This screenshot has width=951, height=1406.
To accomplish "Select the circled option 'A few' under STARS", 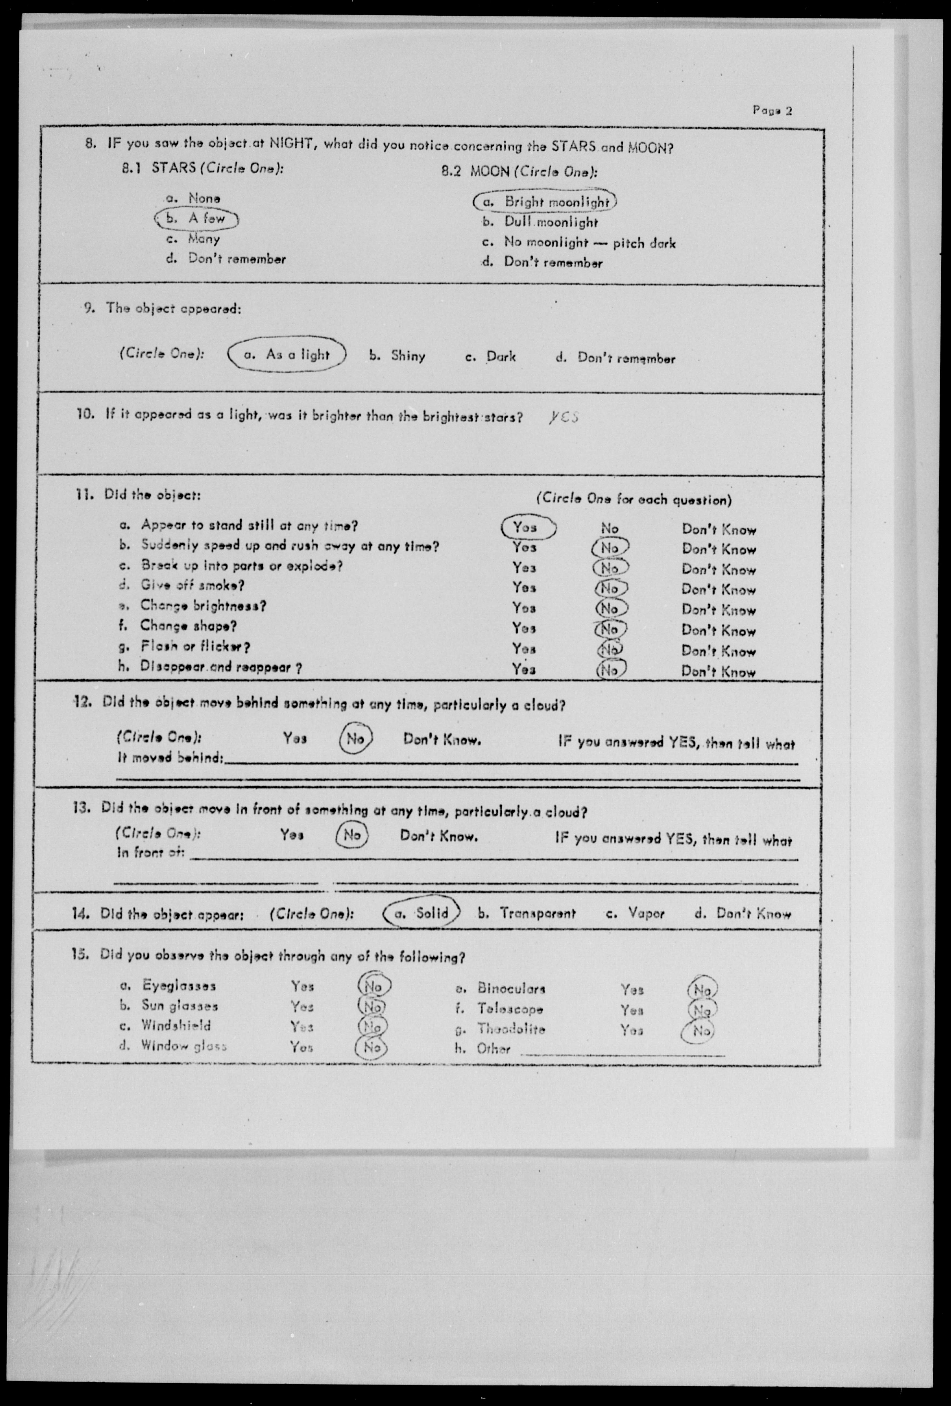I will point(197,218).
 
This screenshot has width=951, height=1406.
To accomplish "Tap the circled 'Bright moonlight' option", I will point(545,201).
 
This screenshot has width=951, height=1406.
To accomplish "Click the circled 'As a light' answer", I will point(287,355).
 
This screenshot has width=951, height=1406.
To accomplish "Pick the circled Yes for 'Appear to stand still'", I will point(527,527).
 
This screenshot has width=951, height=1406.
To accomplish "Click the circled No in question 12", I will point(355,738).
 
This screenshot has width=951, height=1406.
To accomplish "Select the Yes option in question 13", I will point(292,835).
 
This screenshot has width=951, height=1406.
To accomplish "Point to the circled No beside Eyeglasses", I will point(374,986).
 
